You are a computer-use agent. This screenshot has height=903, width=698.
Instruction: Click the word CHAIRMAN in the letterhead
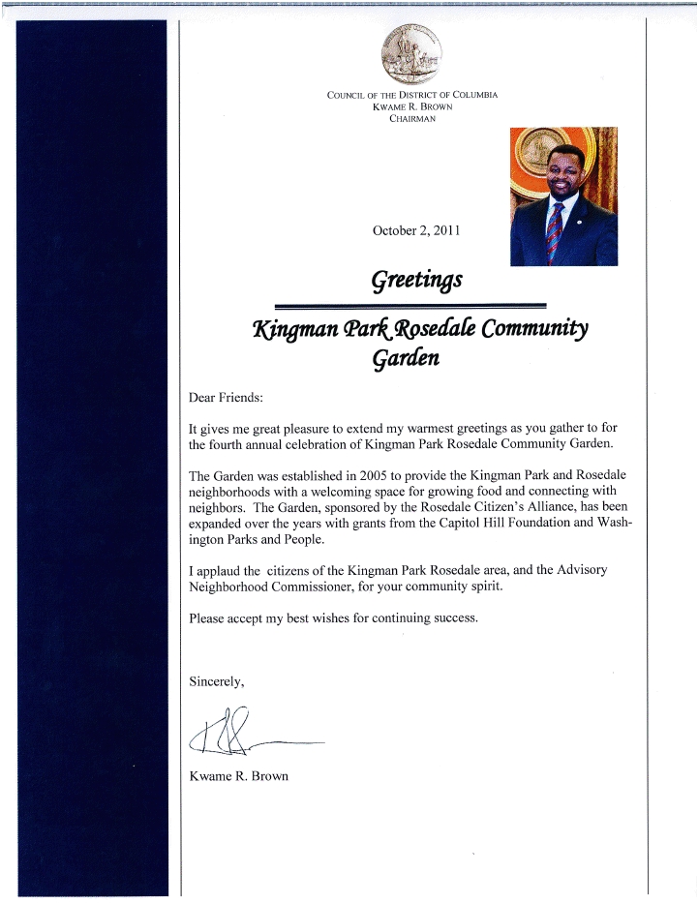pos(411,118)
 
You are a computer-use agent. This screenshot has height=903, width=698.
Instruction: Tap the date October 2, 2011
pos(416,230)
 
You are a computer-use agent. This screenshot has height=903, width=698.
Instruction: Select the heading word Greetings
pos(416,280)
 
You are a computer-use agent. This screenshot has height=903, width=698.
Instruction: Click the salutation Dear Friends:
pos(226,397)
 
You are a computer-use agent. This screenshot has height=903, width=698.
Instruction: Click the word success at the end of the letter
pos(452,617)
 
